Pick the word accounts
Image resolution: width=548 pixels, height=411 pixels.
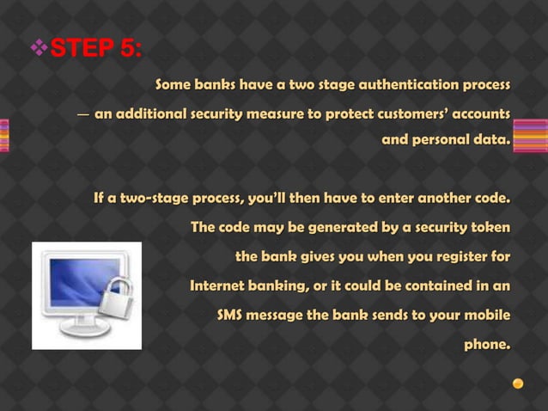pyautogui.click(x=481, y=113)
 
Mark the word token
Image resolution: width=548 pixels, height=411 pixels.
pyautogui.click(x=490, y=228)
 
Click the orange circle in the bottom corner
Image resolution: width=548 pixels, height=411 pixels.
pyautogui.click(x=518, y=383)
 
